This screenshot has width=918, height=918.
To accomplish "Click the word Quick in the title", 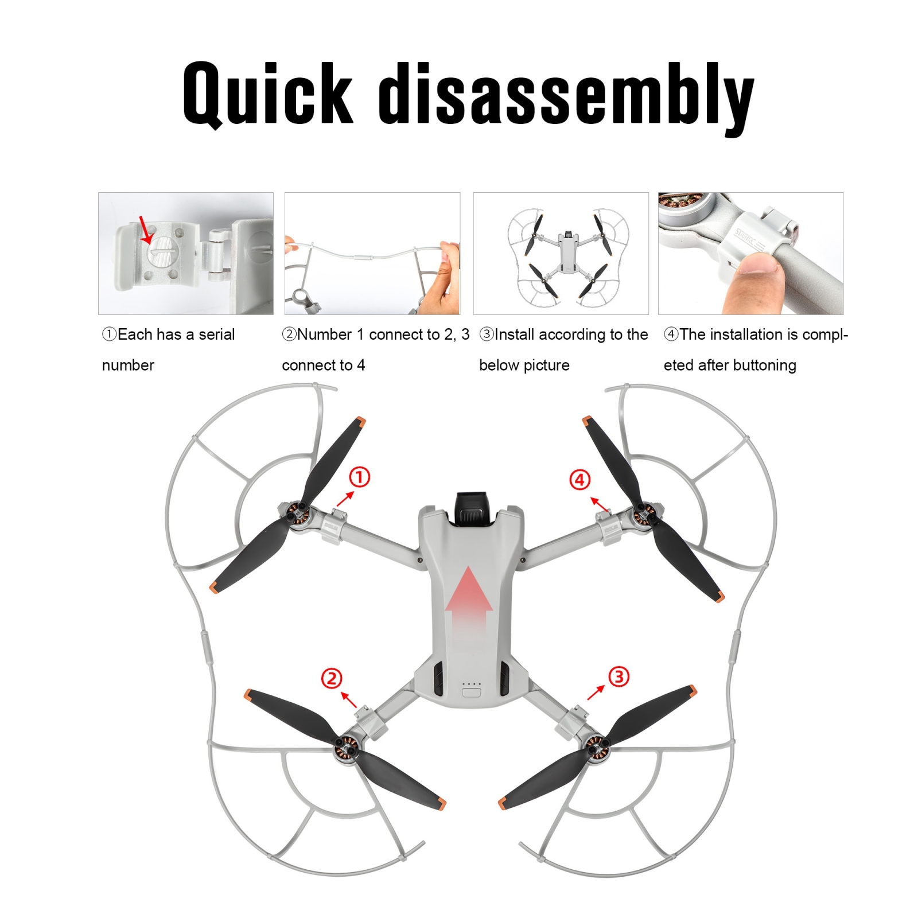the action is pos(267,94).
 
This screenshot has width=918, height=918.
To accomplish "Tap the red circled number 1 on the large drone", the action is pos(360,477).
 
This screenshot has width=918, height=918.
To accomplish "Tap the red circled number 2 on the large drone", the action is pos(332,678).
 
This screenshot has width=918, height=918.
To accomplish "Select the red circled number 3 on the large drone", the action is pos(619,676).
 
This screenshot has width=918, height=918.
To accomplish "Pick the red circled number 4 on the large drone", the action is pos(579,480).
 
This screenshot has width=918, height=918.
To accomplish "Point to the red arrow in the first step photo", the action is pos(146,230).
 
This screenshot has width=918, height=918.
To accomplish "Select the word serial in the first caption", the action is pos(217,334).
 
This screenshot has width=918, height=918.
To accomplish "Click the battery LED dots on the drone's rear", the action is pos(471,684).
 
